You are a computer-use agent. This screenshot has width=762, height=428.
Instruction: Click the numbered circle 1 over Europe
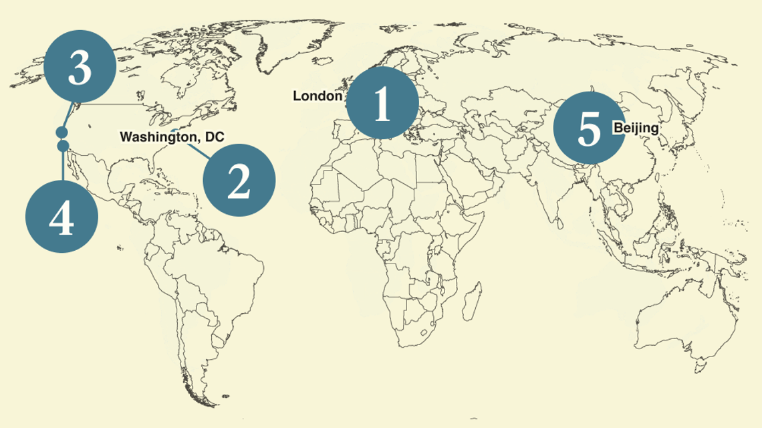[382, 104]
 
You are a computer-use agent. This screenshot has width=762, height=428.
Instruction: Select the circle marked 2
[239, 179]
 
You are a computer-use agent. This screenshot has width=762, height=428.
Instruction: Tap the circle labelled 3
[80, 70]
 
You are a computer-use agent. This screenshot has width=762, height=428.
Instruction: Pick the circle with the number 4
[61, 217]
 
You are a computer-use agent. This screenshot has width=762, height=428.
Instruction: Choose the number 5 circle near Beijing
[589, 127]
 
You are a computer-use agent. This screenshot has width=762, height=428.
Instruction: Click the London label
[317, 96]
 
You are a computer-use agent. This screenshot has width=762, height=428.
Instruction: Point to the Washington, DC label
[172, 136]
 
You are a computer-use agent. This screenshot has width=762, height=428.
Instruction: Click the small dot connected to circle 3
[61, 132]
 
